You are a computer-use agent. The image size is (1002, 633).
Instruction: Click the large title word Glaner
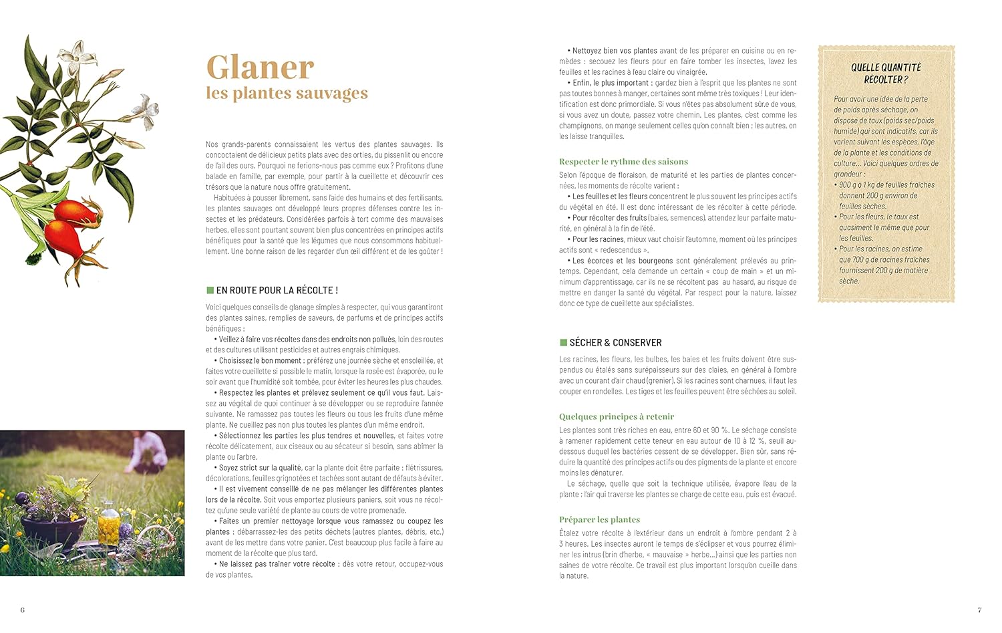260,67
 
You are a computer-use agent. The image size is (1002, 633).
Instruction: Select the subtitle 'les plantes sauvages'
287,93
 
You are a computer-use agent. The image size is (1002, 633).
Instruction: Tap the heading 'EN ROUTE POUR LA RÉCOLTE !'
277,290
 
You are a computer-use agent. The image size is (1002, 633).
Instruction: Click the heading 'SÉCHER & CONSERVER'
615,342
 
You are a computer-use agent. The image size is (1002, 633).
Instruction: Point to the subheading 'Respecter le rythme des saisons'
623,162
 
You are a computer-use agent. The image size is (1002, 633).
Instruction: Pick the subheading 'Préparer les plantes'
599,519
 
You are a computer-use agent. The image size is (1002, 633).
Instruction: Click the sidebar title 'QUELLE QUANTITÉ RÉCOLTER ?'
886,74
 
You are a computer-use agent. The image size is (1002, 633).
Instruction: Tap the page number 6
22,610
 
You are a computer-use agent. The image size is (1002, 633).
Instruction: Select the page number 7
979,610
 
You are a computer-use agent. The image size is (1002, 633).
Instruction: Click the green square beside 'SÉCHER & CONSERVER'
563,342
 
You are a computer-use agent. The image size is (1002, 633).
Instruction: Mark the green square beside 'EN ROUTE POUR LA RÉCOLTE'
210,290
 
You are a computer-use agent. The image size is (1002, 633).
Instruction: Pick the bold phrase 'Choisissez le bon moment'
261,361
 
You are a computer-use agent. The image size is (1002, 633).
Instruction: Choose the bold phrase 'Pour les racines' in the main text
598,239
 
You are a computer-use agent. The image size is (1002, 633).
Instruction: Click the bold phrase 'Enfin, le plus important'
611,83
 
